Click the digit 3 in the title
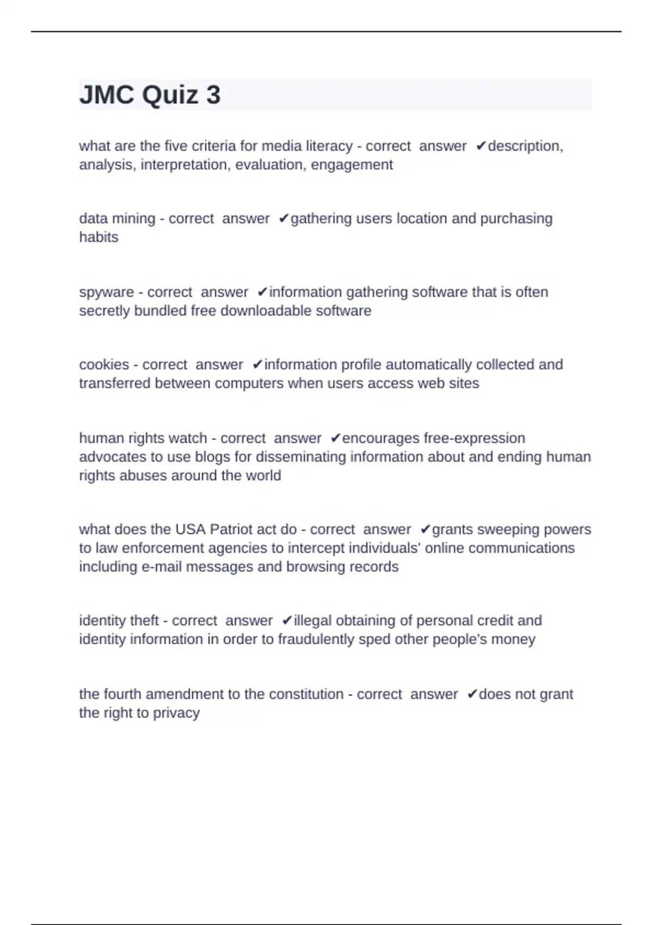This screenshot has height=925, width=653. click(x=213, y=95)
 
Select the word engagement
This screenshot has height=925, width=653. click(x=352, y=165)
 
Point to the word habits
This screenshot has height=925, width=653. click(x=98, y=237)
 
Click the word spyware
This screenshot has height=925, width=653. click(x=107, y=292)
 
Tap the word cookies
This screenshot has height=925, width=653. click(x=104, y=365)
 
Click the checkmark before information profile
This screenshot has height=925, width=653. click(x=257, y=365)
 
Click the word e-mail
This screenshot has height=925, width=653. click(x=162, y=566)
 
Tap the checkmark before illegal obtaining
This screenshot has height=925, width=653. click(x=287, y=621)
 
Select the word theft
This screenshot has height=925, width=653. click(x=142, y=621)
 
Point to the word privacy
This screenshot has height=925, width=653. click(x=176, y=713)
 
